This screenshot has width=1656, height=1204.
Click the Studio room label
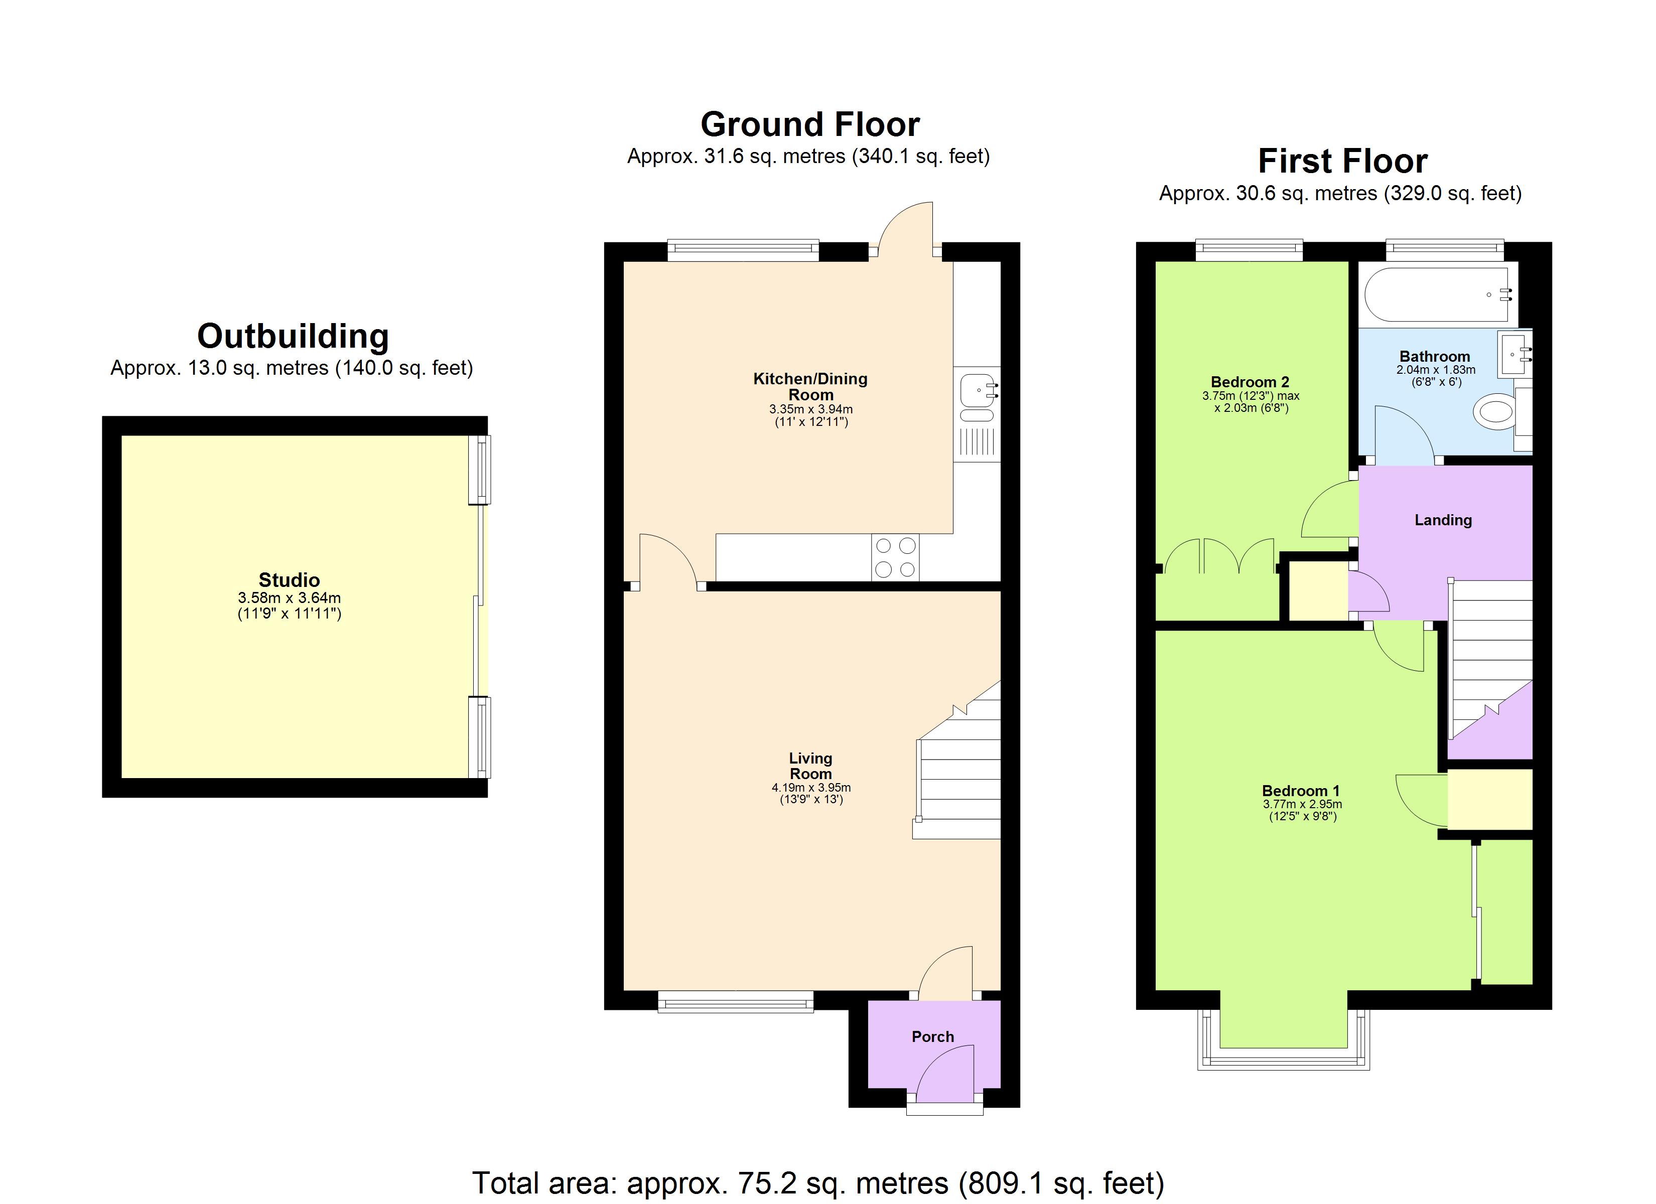pyautogui.click(x=289, y=580)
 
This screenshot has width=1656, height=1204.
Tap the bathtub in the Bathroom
pyautogui.click(x=1436, y=295)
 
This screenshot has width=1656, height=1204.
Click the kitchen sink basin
pyautogui.click(x=976, y=390)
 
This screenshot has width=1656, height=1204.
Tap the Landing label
pyautogui.click(x=1443, y=520)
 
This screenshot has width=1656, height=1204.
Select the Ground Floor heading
pyautogui.click(x=810, y=124)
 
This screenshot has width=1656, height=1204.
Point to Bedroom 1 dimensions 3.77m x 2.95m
pyautogui.click(x=1302, y=804)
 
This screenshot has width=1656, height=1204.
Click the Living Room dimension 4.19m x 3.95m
pyautogui.click(x=810, y=788)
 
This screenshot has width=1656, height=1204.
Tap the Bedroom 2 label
pyautogui.click(x=1250, y=382)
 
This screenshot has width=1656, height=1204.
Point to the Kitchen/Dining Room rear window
pyautogui.click(x=743, y=251)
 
